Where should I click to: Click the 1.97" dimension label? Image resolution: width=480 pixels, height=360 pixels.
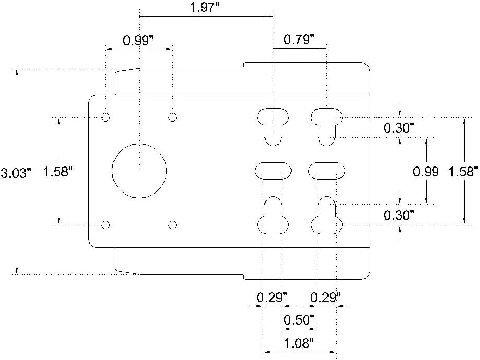click(x=205, y=7)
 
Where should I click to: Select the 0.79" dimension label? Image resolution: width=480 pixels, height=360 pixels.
click(x=299, y=40)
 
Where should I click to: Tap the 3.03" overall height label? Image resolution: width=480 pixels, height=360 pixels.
click(x=16, y=173)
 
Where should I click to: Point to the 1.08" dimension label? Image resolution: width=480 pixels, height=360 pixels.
click(x=299, y=343)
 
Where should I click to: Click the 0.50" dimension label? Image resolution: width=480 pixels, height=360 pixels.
click(x=299, y=320)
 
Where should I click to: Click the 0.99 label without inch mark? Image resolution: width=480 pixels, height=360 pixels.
click(x=426, y=172)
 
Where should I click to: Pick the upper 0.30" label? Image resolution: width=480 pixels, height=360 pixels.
click(x=399, y=128)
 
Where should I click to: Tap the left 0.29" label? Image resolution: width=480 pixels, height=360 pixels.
click(x=272, y=297)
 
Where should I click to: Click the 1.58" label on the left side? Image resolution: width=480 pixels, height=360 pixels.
click(x=57, y=171)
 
